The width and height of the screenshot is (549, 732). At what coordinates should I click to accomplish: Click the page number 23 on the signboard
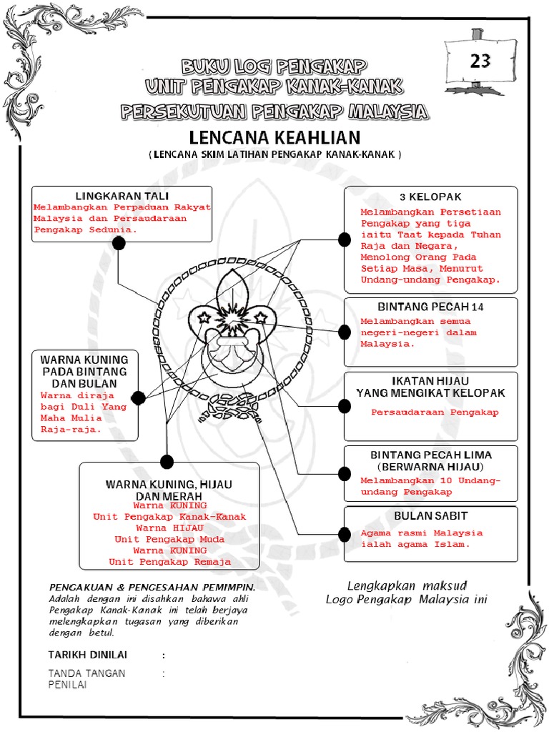click(x=480, y=61)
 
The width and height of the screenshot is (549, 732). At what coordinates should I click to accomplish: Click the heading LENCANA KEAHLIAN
click(x=275, y=137)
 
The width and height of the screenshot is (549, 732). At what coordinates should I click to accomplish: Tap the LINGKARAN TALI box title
click(x=122, y=196)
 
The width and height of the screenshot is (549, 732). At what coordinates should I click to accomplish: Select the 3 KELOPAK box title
click(x=430, y=197)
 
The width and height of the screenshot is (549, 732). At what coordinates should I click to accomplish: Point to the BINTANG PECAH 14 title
click(x=430, y=307)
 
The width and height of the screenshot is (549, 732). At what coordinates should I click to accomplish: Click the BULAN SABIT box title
click(x=430, y=515)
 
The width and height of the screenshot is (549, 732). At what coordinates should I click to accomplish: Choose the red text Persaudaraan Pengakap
click(x=435, y=412)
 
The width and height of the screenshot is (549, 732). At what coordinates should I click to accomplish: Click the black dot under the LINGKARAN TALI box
click(x=119, y=243)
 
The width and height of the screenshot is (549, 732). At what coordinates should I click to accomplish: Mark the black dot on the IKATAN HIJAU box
click(x=345, y=406)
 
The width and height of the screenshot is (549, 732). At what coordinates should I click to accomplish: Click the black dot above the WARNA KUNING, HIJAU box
click(x=167, y=461)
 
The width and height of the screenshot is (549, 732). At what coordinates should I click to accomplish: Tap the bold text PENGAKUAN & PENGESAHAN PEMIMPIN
click(x=152, y=586)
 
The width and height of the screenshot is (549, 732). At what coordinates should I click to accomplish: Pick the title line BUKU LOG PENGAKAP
click(x=274, y=68)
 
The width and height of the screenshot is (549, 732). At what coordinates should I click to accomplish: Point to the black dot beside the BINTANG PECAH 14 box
click(x=345, y=331)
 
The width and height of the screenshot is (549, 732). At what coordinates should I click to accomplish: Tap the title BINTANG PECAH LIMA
click(x=430, y=455)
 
